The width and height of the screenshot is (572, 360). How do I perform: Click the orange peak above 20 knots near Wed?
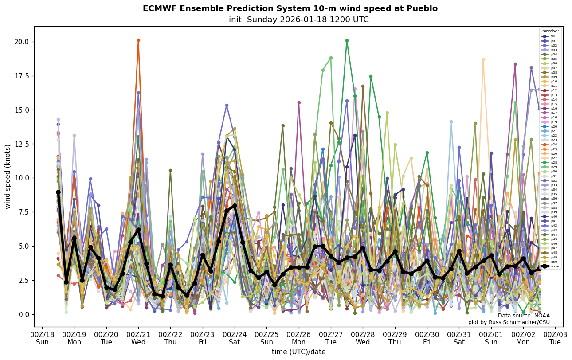[x=138, y=40]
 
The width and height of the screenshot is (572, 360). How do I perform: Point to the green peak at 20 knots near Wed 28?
[x=347, y=41]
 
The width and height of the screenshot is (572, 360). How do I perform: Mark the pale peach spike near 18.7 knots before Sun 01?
[x=483, y=59]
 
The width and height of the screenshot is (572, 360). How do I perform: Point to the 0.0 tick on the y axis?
[x=47, y=314]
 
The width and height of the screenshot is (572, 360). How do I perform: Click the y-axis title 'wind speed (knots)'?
[x=8, y=176]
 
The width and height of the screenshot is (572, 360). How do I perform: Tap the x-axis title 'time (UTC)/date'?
[x=298, y=352]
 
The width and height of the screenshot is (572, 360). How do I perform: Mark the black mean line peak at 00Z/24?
[x=235, y=206]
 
